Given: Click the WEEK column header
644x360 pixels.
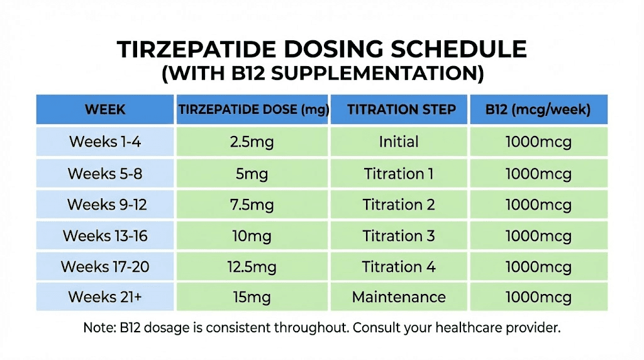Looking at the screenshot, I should [x=105, y=110].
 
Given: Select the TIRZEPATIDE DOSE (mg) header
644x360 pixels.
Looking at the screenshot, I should [x=253, y=110].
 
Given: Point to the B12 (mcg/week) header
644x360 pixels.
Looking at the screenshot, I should [x=538, y=110].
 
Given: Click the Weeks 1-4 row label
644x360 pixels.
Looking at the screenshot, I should [x=104, y=142].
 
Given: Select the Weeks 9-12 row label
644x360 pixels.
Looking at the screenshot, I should [x=104, y=205].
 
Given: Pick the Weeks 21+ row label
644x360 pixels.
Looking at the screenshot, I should [x=104, y=296].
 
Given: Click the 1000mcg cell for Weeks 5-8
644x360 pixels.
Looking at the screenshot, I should [x=538, y=173].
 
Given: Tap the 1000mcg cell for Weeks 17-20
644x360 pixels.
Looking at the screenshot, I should [x=538, y=266].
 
